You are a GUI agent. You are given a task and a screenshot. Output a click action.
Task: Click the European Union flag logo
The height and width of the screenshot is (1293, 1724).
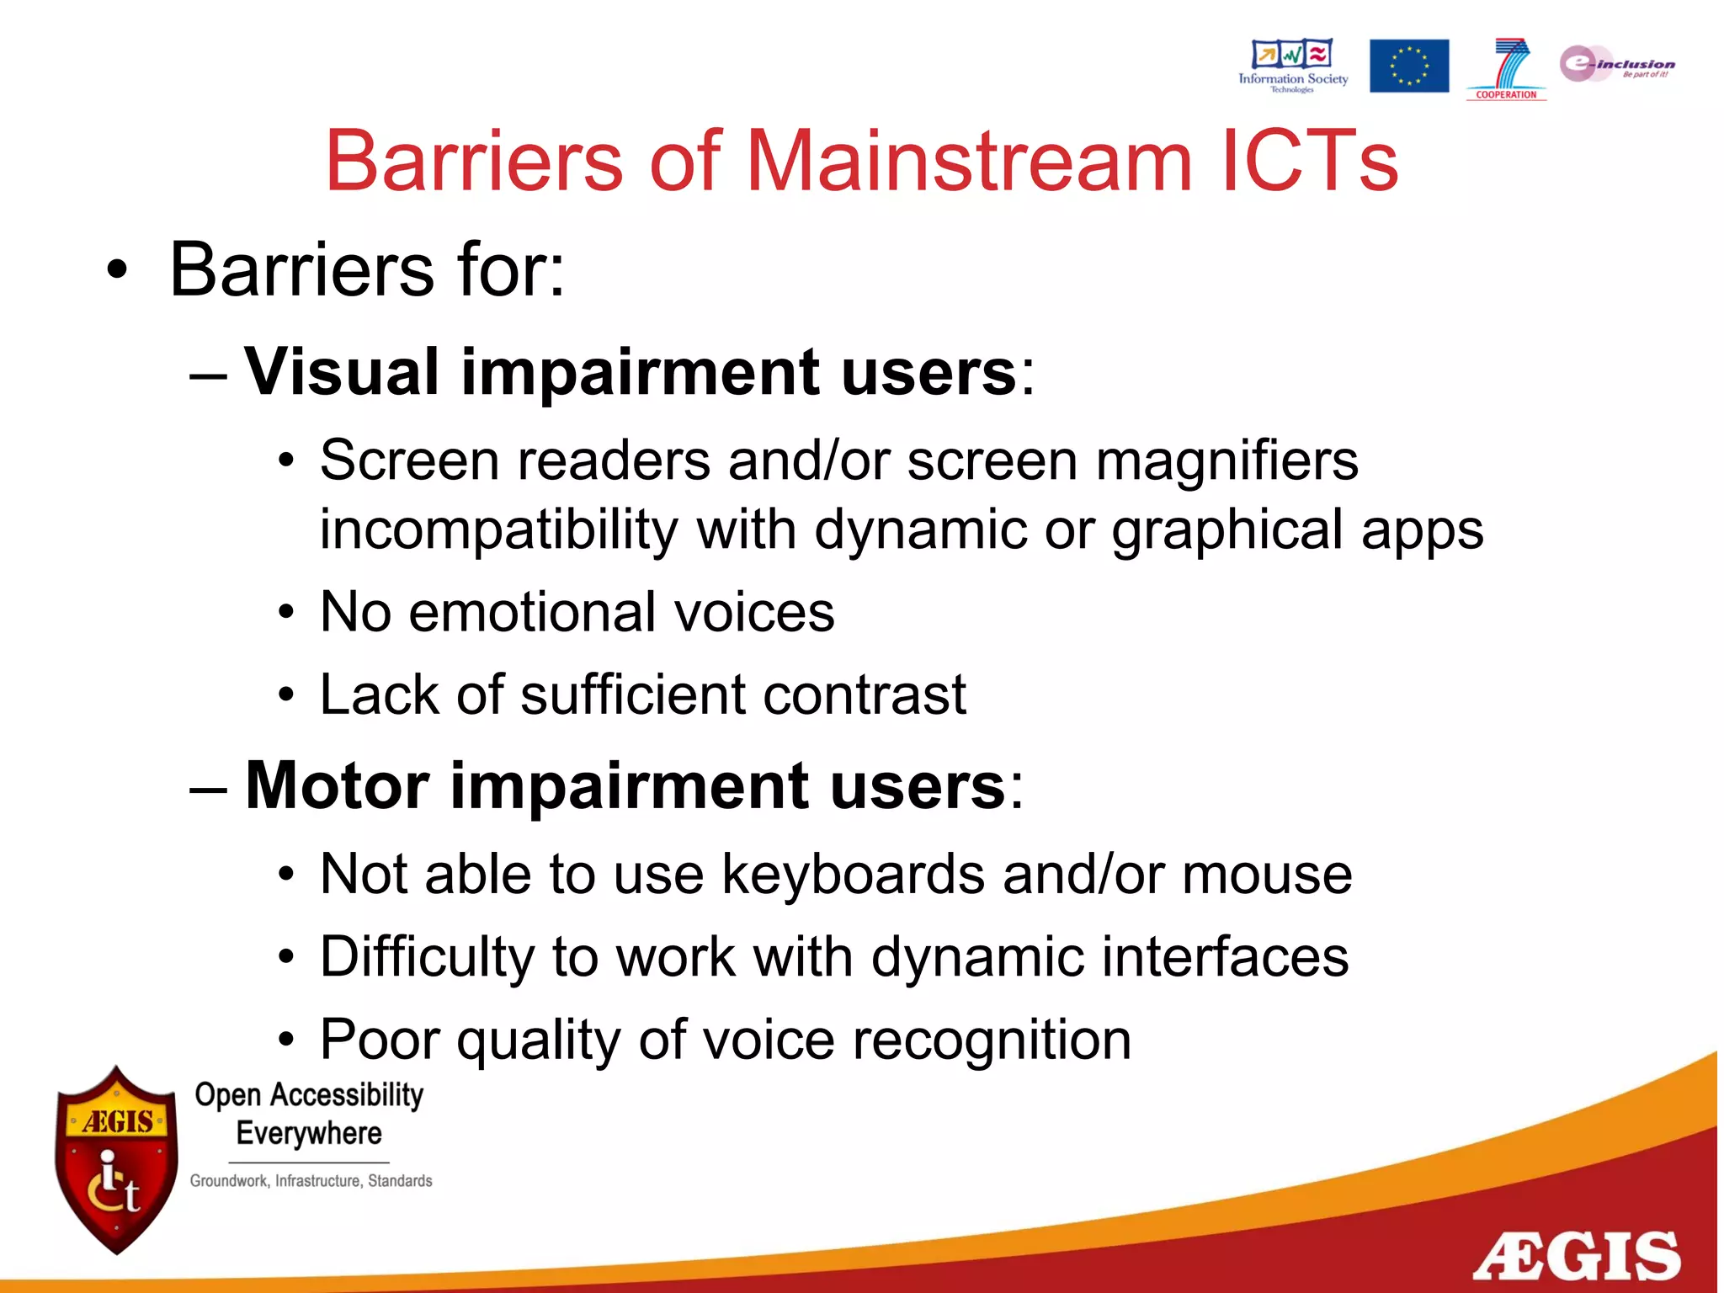coord(1408,66)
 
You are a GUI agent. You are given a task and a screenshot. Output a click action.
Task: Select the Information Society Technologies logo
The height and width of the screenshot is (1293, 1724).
coord(1292,65)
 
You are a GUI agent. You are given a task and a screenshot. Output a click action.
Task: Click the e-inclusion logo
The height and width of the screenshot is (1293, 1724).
coord(1615,64)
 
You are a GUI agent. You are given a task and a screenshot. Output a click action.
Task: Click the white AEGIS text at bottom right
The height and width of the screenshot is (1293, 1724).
coord(1576,1255)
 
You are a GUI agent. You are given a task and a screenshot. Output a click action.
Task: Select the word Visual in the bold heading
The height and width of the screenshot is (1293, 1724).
coord(342,371)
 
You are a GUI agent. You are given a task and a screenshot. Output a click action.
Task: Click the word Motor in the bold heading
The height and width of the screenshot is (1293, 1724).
coord(338,785)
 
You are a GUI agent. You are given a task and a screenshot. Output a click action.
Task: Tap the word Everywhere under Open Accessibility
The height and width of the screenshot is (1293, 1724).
coord(309,1133)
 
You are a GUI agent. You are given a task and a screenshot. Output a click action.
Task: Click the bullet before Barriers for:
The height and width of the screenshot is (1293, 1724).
coord(118,271)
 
